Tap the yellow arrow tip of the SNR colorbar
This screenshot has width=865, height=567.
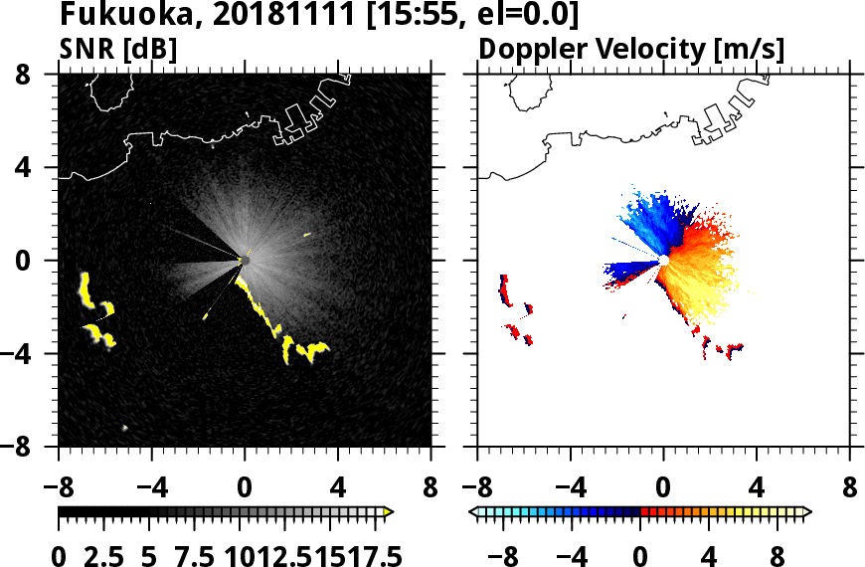pyautogui.click(x=390, y=512)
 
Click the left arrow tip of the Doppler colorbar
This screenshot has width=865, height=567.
pyautogui.click(x=474, y=512)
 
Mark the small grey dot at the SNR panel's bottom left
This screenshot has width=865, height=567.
pyautogui.click(x=125, y=428)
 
